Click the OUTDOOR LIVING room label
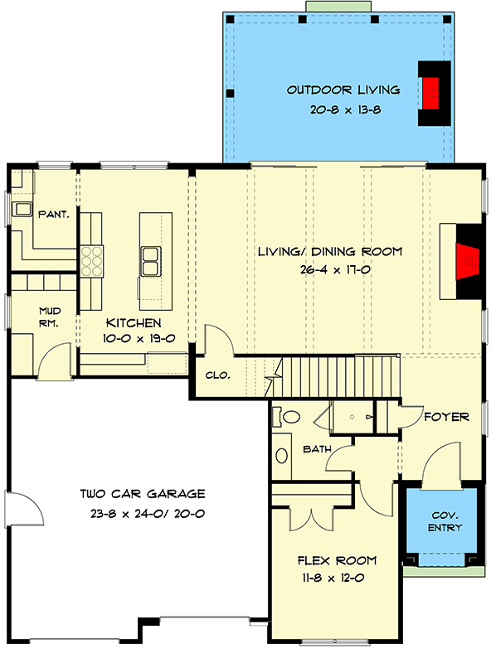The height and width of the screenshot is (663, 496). pyautogui.click(x=343, y=90)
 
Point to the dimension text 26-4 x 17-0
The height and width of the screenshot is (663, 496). pyautogui.click(x=329, y=269)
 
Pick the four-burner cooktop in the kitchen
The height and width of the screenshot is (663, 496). pyautogui.click(x=90, y=260)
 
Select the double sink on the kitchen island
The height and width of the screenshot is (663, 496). pyautogui.click(x=151, y=261)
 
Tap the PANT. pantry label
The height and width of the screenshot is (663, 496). pyautogui.click(x=53, y=214)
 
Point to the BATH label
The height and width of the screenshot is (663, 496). pyautogui.click(x=317, y=449)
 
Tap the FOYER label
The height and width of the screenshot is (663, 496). pyautogui.click(x=446, y=416)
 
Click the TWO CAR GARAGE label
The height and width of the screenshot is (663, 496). pyautogui.click(x=143, y=494)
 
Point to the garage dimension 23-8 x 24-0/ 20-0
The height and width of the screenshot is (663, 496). pyautogui.click(x=143, y=513)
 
